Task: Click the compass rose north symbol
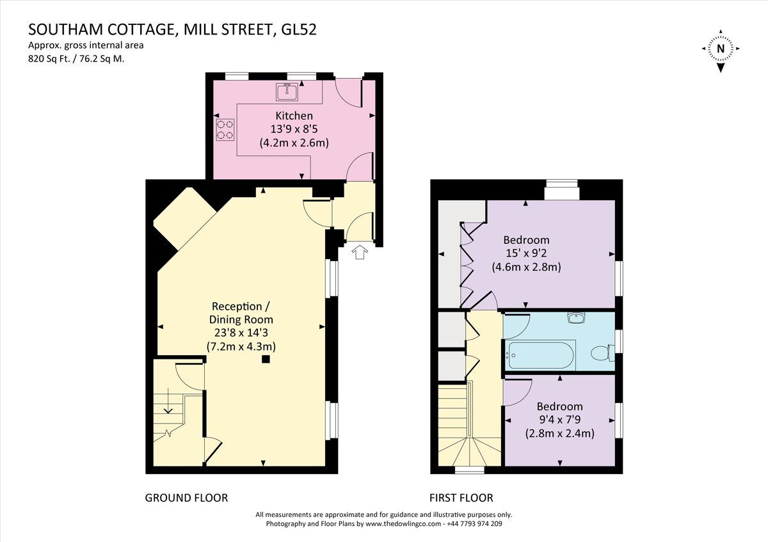tap(721, 48)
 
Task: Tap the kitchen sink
tap(288, 92)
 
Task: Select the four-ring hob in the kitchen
tap(225, 130)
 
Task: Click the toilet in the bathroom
tap(602, 352)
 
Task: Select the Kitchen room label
tap(294, 116)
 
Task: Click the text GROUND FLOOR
tap(186, 497)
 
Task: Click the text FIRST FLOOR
tap(461, 497)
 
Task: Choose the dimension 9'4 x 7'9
tap(559, 420)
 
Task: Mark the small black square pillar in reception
tap(266, 360)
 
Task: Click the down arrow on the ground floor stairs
tap(170, 407)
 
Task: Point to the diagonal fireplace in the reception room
tap(184, 219)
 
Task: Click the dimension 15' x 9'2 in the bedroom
tap(526, 253)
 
